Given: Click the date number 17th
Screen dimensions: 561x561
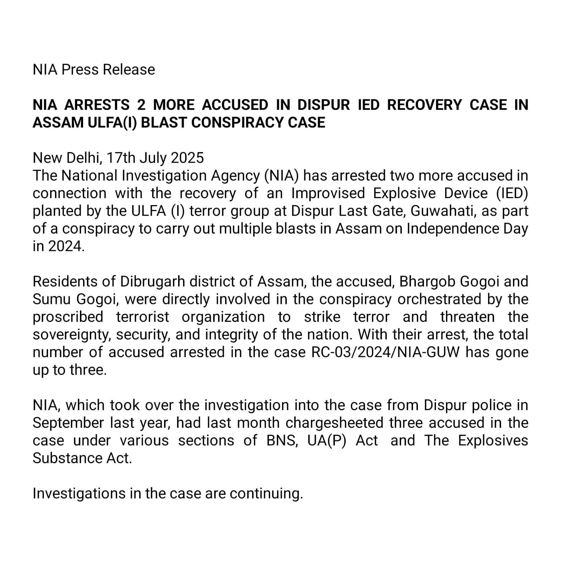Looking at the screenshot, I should pos(121,158).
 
